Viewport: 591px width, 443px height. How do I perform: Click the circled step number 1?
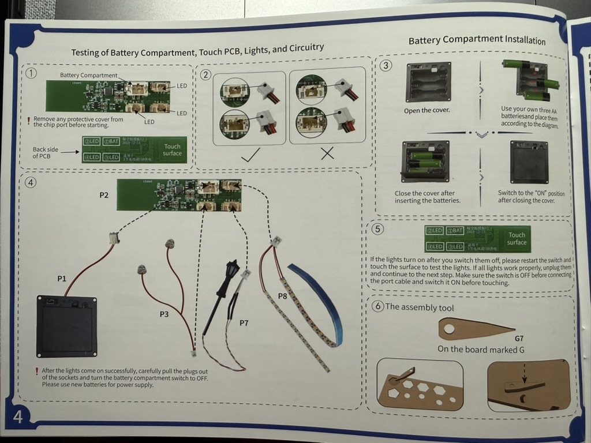tap(32, 73)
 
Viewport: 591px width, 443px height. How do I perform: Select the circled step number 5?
tap(377, 229)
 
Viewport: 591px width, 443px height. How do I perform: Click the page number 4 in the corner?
tap(18, 416)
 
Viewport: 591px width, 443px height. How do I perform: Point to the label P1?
tap(62, 279)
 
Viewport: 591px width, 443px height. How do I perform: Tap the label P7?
tap(244, 322)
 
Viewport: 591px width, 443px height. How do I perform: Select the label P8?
tap(283, 296)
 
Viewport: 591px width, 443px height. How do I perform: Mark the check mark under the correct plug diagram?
tap(249, 154)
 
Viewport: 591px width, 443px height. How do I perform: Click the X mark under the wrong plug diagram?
tap(327, 154)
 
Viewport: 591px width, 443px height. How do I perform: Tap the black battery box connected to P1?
tap(66, 325)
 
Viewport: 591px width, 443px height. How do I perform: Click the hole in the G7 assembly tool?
tap(448, 331)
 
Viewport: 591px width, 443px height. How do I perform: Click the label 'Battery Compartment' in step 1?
tap(88, 76)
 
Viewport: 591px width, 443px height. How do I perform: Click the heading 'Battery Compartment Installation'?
tap(477, 40)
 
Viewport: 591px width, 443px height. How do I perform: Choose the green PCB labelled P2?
tap(179, 194)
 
